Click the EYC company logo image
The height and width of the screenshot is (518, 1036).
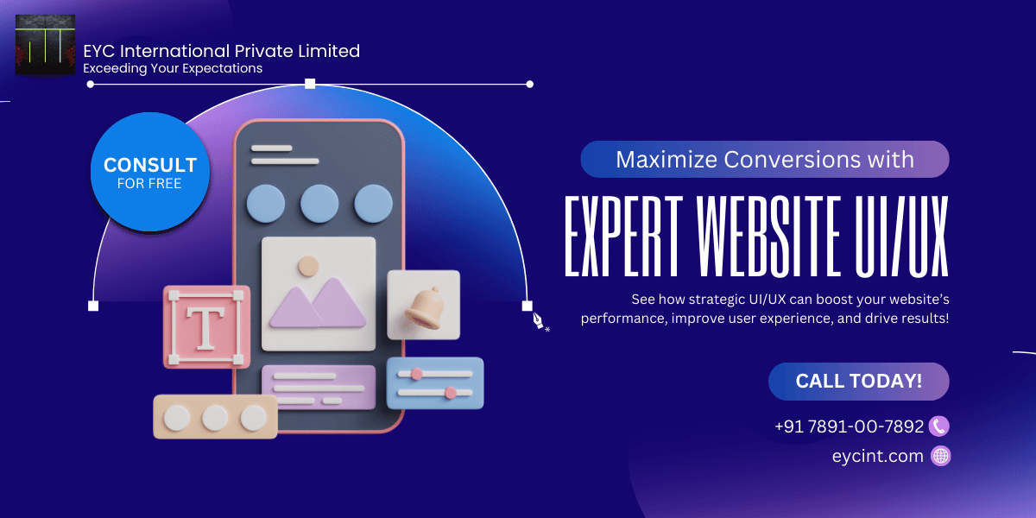(45, 45)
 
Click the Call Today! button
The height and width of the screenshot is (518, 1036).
(858, 381)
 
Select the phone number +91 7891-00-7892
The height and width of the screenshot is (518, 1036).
(849, 426)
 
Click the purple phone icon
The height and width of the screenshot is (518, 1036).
(940, 426)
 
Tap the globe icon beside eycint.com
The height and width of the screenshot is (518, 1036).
(941, 456)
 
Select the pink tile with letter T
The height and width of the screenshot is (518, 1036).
(206, 327)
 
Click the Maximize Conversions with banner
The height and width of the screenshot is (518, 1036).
(764, 160)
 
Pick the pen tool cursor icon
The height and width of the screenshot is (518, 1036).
(539, 320)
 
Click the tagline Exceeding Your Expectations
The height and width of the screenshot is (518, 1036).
(173, 68)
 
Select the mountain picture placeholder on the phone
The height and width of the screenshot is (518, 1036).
(318, 294)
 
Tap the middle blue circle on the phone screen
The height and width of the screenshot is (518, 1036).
(319, 204)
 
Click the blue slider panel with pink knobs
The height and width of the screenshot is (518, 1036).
(435, 382)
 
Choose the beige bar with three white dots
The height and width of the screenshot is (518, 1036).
(215, 418)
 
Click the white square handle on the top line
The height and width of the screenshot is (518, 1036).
(310, 84)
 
